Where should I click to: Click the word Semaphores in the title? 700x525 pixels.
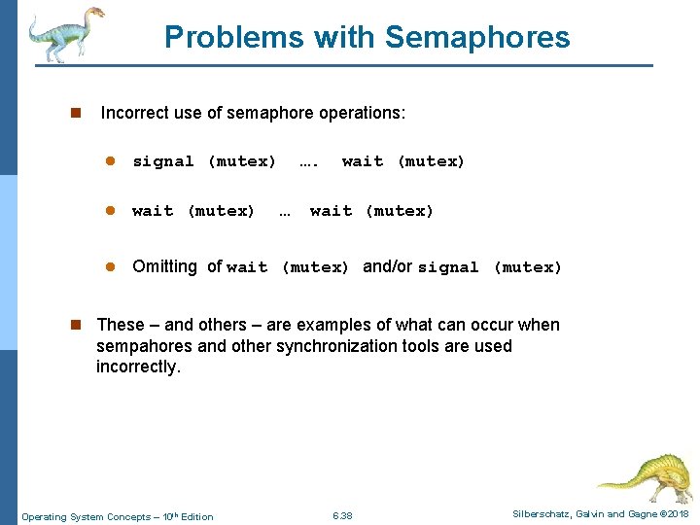tap(477, 37)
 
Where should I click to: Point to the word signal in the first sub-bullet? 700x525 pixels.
tap(163, 161)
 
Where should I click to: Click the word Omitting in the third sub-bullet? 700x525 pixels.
tap(164, 266)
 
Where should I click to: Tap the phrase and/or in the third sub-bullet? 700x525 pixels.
tap(387, 266)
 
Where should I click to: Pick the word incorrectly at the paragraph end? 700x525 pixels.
tap(138, 367)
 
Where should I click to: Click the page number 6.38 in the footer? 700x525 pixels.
tap(342, 515)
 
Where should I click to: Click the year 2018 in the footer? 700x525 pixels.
tap(679, 514)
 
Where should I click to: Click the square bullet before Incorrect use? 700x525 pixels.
tap(75, 113)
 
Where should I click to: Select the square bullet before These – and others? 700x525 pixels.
tap(75, 325)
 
